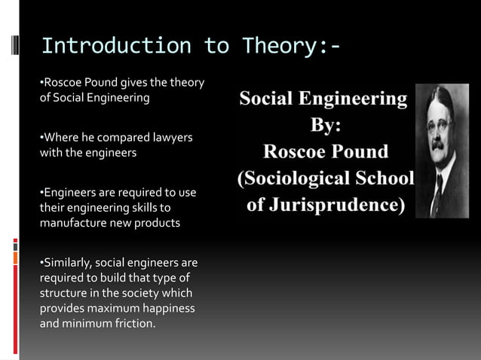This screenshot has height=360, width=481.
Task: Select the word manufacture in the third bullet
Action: click(x=74, y=222)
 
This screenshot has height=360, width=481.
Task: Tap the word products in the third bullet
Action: click(x=158, y=222)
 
